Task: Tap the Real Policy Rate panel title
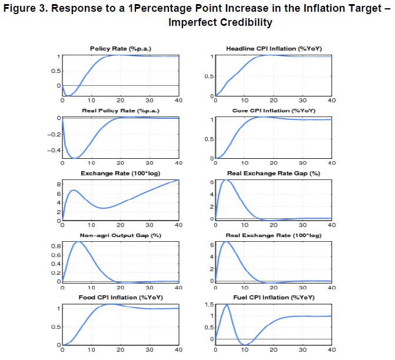[x=120, y=111]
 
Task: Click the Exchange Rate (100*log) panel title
[x=120, y=174]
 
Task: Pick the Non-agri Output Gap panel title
[x=120, y=236]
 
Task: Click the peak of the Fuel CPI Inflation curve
[x=227, y=305]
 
